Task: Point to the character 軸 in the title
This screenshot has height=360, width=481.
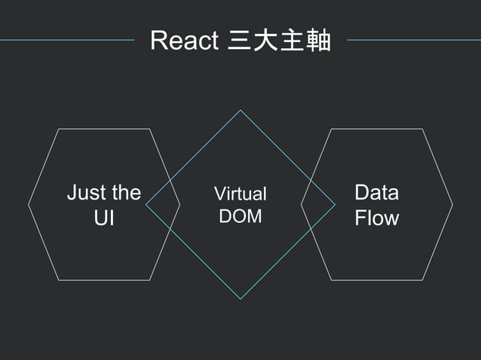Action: [x=319, y=41]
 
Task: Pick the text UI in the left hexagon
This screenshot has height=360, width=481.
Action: [x=103, y=218]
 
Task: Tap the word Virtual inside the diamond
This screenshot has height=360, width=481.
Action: [x=240, y=194]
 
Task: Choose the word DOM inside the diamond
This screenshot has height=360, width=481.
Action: [x=240, y=216]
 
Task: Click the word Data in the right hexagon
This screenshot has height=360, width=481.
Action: [x=376, y=193]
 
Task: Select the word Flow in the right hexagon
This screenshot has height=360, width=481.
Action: [x=376, y=218]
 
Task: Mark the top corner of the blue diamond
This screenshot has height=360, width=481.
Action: [x=240, y=111]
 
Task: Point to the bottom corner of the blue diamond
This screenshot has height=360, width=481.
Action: [x=240, y=298]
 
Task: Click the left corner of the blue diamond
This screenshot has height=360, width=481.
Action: [x=146, y=204]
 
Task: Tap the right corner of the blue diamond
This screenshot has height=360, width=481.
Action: [x=335, y=204]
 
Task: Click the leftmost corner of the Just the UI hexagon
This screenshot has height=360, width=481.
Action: [x=29, y=204]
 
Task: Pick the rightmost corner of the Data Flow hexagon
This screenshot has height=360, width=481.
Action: [x=452, y=204]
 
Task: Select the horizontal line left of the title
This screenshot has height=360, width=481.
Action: [x=68, y=40]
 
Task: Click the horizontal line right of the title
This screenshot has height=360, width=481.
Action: [x=413, y=40]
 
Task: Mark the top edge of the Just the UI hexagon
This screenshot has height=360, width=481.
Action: [x=104, y=129]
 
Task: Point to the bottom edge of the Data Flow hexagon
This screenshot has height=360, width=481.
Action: [x=377, y=280]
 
